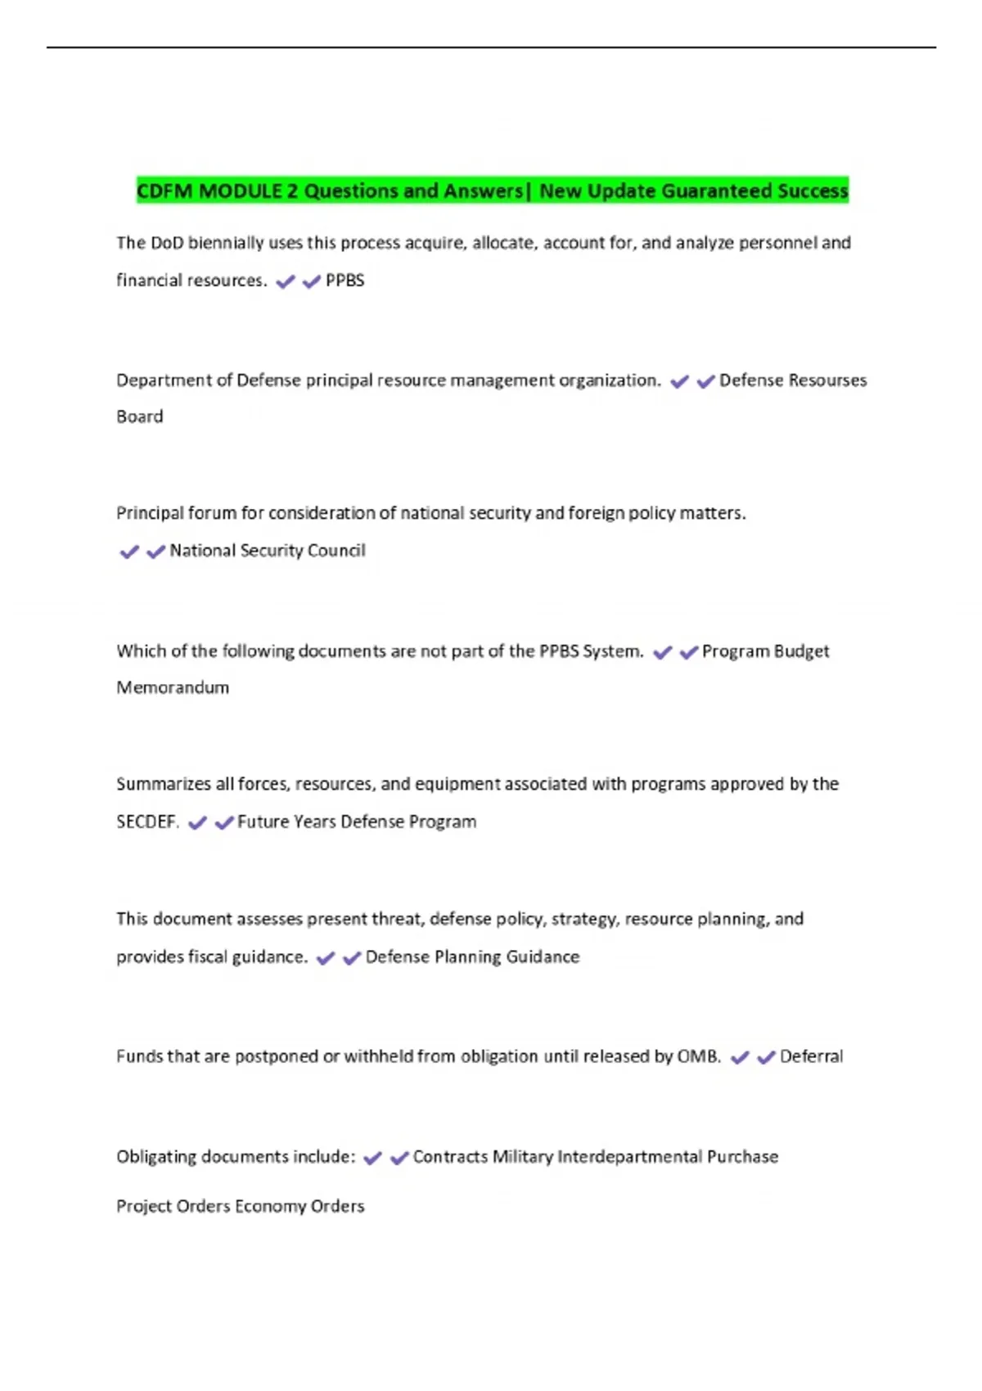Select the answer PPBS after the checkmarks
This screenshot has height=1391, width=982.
(x=345, y=281)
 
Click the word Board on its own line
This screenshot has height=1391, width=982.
(x=140, y=416)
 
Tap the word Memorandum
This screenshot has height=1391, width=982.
(x=173, y=687)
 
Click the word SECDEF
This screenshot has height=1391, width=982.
(x=147, y=822)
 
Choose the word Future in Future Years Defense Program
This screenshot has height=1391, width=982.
(x=261, y=822)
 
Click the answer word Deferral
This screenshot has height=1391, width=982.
(x=811, y=1056)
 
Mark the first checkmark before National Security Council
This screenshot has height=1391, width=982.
(x=129, y=552)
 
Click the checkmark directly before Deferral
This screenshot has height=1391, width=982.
(x=766, y=1058)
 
